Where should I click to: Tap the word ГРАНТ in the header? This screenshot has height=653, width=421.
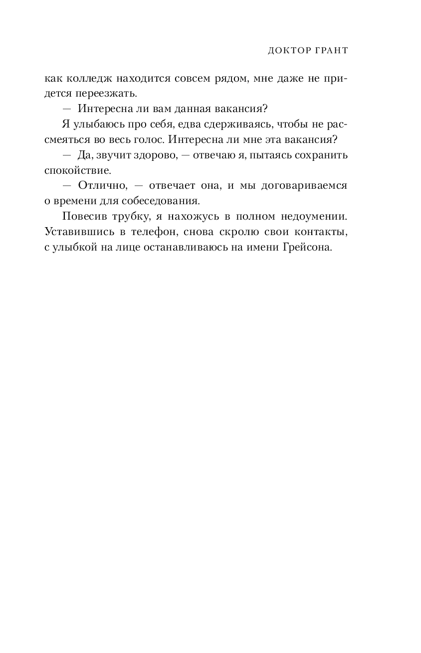330,51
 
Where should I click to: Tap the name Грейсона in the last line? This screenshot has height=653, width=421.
306,248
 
